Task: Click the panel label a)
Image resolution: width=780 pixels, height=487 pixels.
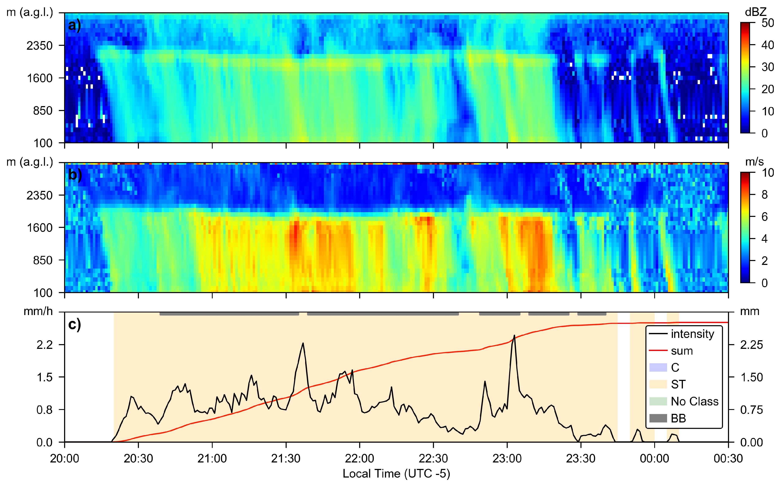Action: coord(74,25)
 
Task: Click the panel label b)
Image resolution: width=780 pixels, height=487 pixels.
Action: coord(75,175)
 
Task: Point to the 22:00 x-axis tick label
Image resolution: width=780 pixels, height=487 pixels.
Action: coord(359,458)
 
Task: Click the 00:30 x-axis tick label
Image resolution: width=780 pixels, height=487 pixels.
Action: coord(728,458)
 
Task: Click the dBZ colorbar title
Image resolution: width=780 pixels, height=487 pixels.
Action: coord(755,12)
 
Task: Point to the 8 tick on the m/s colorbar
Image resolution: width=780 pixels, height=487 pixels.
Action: coord(765,195)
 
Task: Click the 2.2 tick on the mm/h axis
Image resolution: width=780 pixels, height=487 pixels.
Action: coord(44,345)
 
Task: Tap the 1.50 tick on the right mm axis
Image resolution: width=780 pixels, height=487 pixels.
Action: coord(751,377)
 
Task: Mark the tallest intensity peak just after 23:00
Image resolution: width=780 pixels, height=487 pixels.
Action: coord(514,336)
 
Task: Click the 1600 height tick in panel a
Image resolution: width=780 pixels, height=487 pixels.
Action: coord(40,78)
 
